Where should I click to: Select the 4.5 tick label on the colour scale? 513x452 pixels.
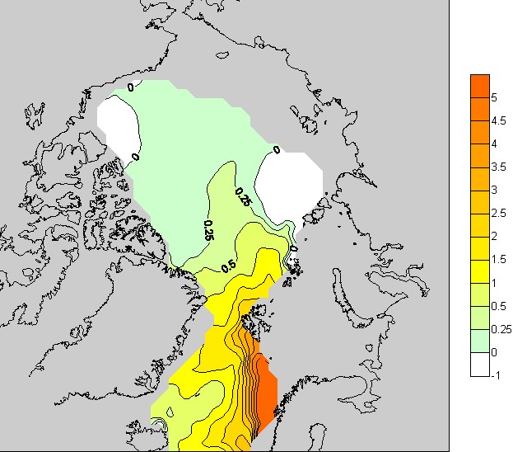click(x=499, y=120)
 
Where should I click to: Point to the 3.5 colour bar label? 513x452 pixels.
click(x=499, y=167)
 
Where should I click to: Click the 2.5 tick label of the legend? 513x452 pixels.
click(x=499, y=214)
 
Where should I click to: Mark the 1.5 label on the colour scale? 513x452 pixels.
click(x=499, y=260)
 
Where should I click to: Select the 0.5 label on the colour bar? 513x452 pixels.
click(x=499, y=306)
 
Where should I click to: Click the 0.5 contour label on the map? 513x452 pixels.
click(x=228, y=266)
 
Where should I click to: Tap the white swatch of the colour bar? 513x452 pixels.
click(x=480, y=364)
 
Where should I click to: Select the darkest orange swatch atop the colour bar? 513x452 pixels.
click(x=480, y=86)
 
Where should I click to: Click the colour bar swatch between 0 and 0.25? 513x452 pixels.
click(x=480, y=341)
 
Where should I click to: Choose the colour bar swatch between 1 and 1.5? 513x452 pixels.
click(x=480, y=271)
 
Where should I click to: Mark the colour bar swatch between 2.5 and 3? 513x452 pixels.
click(x=480, y=202)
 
